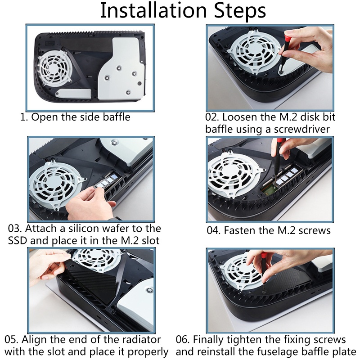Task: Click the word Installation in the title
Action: click(153, 10)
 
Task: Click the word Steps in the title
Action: click(240, 12)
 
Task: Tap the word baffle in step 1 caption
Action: click(117, 117)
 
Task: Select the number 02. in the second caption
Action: click(212, 117)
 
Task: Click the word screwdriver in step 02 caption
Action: click(301, 129)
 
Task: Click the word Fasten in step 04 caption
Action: click(238, 230)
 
